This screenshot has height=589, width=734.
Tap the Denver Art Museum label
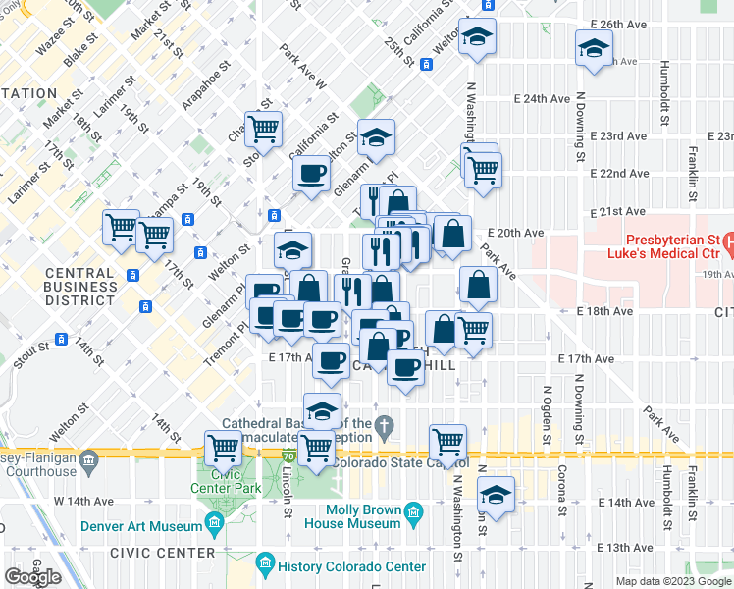(x=149, y=527)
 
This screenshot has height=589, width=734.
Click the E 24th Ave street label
(x=543, y=99)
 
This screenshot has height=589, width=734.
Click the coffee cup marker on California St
(x=312, y=174)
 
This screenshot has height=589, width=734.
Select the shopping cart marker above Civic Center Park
(x=224, y=448)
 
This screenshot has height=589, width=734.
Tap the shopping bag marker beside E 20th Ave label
(x=453, y=235)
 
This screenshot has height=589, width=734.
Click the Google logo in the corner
(x=32, y=576)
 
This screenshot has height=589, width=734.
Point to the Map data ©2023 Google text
(x=672, y=581)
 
